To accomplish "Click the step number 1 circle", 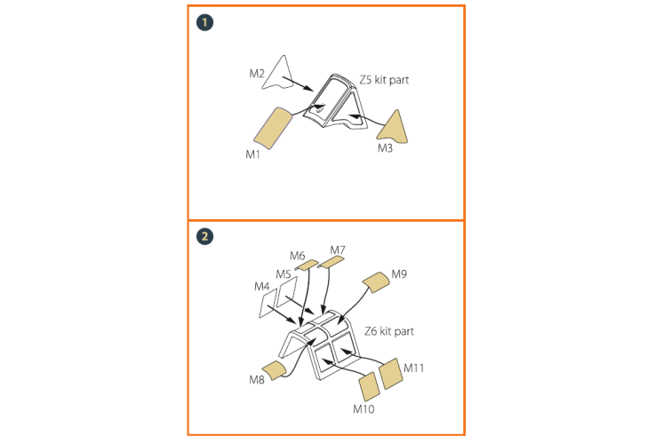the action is point(204,22).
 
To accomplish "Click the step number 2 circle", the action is point(204,236).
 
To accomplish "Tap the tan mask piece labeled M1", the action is point(273,128).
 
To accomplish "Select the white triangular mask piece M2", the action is point(278,73).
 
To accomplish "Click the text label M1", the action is point(252,155).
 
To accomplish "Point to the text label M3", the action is point(385,148).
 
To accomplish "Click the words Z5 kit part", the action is point(384,80).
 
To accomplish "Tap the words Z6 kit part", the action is point(389,331).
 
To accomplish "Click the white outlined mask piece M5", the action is point(287,290).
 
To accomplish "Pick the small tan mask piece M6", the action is point(307,265).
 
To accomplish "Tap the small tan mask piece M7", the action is point(331,262).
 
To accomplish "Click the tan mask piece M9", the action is point(376,282).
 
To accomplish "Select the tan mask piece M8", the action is point(274,370).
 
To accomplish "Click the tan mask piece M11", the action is point(391,374).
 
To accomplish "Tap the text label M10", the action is point(363,409).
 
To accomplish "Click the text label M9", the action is point(399,274).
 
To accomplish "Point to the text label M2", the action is point(257,74).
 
